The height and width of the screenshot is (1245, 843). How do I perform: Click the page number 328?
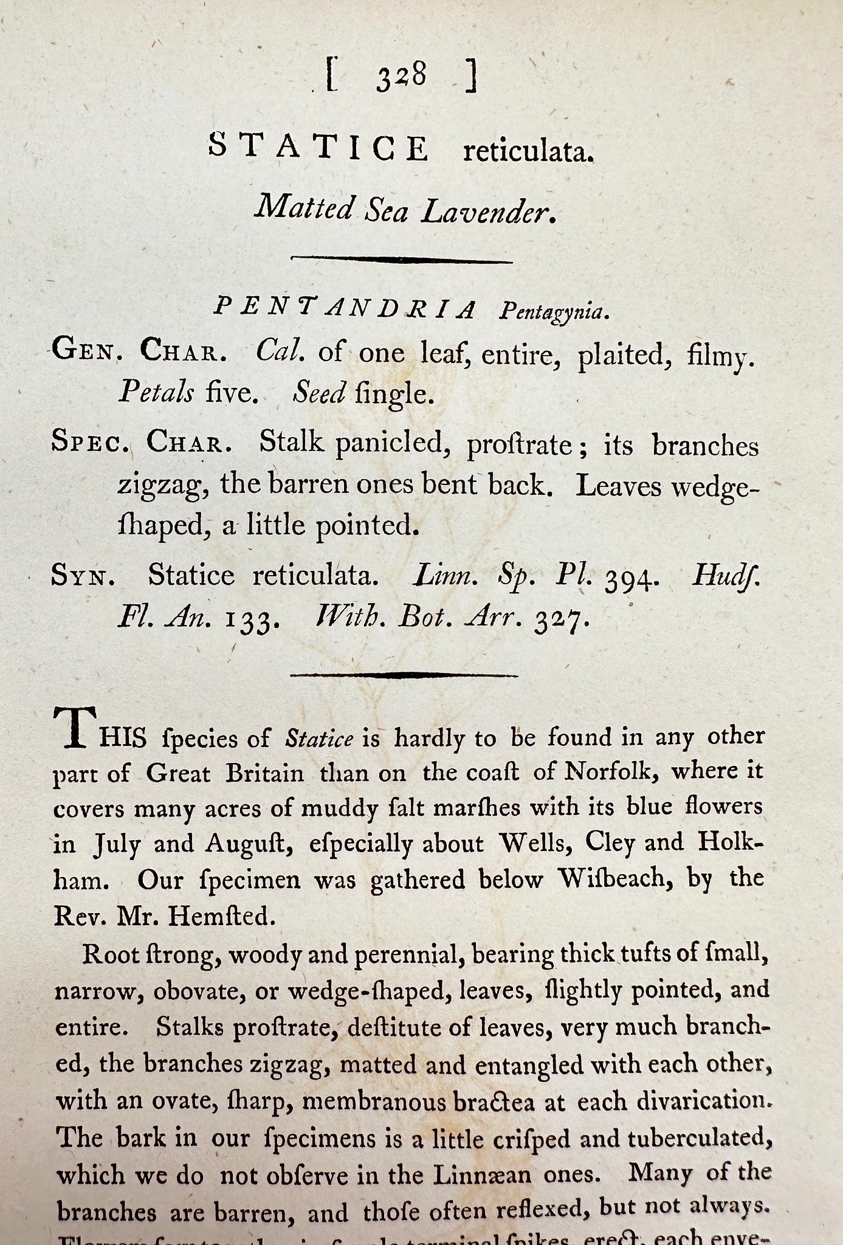click(401, 78)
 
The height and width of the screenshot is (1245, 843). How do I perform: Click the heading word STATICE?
click(318, 148)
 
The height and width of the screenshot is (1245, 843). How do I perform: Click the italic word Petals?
click(156, 393)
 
